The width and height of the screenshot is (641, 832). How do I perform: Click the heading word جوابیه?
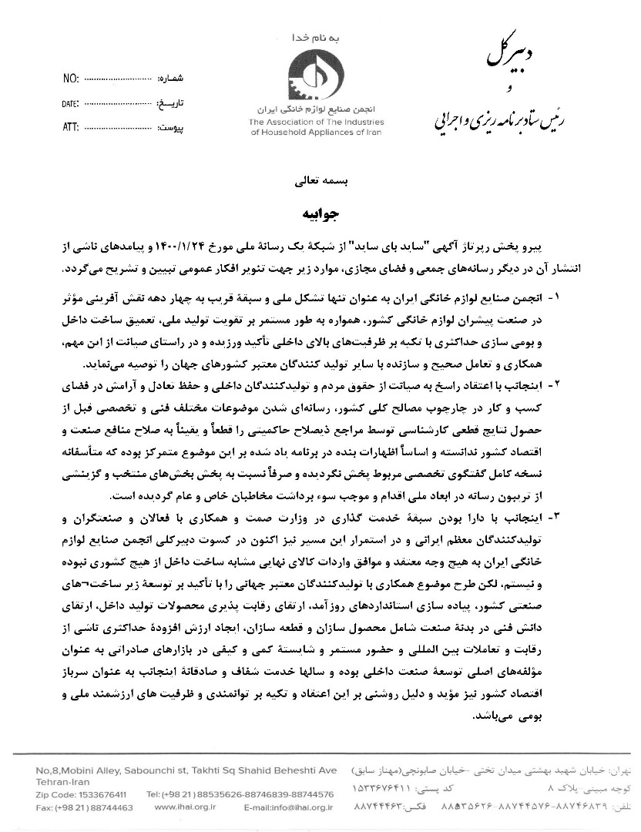(318, 210)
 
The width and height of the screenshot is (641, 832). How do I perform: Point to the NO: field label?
(70, 79)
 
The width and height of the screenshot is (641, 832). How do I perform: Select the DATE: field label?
(70, 102)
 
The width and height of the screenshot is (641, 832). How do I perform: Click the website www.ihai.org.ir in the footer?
(185, 807)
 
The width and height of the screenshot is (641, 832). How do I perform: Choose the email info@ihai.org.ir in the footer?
(288, 807)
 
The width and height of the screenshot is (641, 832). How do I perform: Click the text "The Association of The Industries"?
(315, 122)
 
